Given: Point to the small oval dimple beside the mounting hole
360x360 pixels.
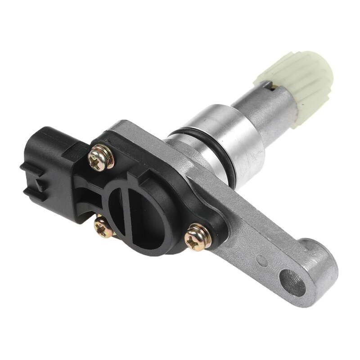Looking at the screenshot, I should [x=260, y=260].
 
